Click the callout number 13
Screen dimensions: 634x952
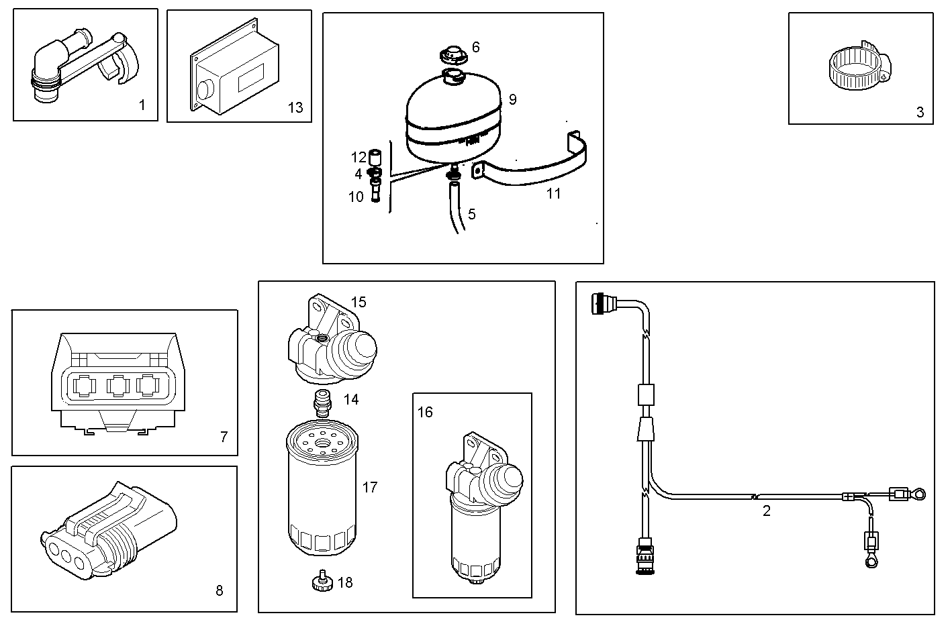click(x=295, y=107)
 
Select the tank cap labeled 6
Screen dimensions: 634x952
click(x=453, y=53)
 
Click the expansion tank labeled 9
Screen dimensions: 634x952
click(x=454, y=121)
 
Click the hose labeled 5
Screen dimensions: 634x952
click(x=456, y=211)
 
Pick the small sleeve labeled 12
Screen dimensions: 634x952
click(x=377, y=158)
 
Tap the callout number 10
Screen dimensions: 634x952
click(x=356, y=197)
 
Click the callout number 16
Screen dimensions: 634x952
click(x=425, y=412)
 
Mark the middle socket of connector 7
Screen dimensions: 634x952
click(x=117, y=386)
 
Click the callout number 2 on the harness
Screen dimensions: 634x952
click(x=767, y=511)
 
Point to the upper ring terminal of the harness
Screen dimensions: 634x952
click(x=920, y=495)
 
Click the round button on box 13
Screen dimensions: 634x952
click(x=205, y=88)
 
